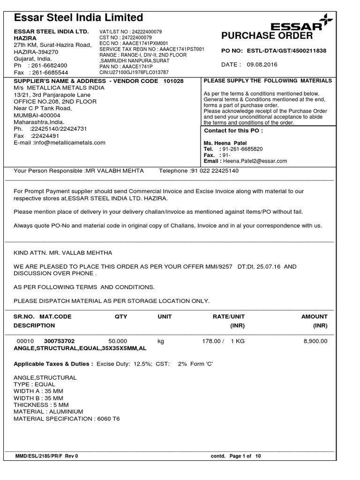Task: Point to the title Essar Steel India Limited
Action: [x=79, y=18]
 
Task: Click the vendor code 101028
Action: [x=173, y=81]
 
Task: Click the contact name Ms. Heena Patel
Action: [x=225, y=143]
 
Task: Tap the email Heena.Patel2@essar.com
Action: [x=255, y=161]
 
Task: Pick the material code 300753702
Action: [x=59, y=341]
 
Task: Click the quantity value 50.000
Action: [x=118, y=341]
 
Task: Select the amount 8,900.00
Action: [x=315, y=341]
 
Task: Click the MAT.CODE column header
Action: [x=55, y=316]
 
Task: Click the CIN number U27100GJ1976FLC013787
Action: [x=133, y=73]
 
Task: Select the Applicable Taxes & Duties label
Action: [x=53, y=364]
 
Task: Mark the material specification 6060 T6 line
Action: [x=67, y=419]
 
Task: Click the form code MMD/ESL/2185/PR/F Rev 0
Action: [x=46, y=456]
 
